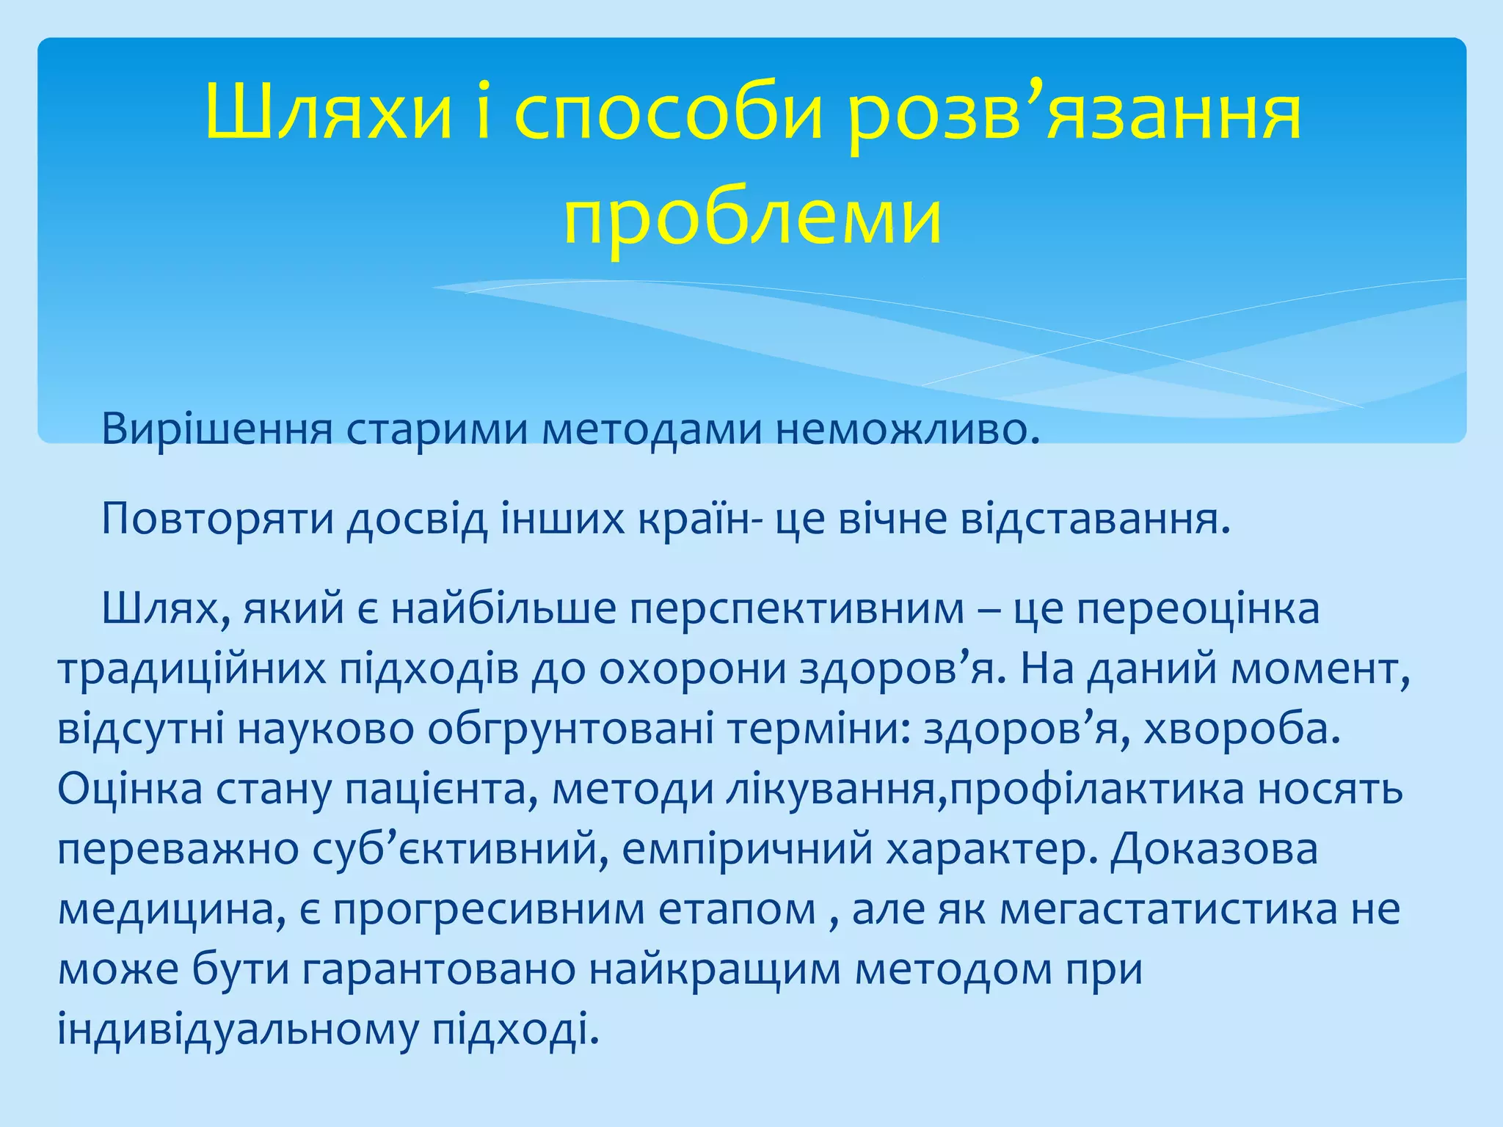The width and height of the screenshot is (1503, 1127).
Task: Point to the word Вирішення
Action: click(x=217, y=429)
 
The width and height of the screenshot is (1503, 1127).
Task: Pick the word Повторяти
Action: click(x=217, y=519)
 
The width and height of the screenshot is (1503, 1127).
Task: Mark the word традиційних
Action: click(x=192, y=669)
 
